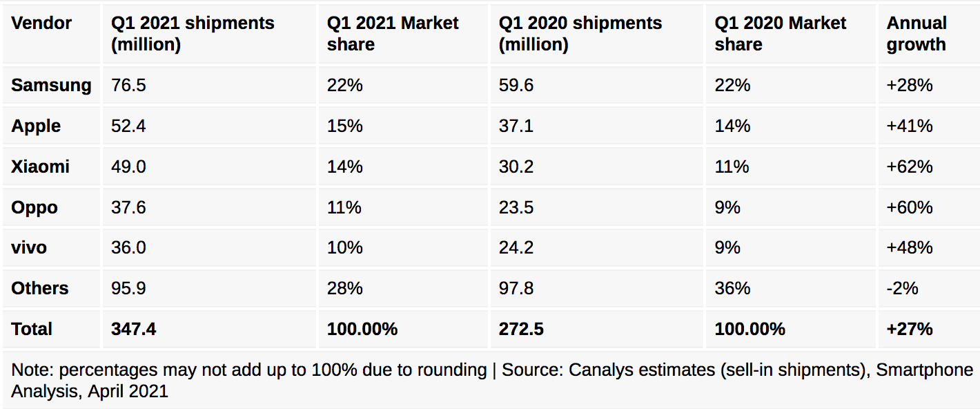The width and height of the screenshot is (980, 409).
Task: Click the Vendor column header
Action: pos(41,23)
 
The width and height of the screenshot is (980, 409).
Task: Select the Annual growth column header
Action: pos(916,34)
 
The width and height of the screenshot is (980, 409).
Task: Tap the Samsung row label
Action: pos(51,86)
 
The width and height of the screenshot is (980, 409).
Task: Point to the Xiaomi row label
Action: pos(40,167)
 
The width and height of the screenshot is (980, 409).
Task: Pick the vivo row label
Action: pos(29,247)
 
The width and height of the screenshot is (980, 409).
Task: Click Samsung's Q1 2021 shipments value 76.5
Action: pos(128,86)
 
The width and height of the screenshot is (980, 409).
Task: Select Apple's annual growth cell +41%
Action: pos(910,126)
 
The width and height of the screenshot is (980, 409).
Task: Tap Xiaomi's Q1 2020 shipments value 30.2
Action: pos(516,167)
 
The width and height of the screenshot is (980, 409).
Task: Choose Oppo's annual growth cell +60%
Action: pos(910,207)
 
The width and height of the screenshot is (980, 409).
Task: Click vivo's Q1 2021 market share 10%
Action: pos(344,247)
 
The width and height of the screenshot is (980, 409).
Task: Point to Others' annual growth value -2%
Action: pos(903,288)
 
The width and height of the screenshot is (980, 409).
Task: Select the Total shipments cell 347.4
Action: pos(133,329)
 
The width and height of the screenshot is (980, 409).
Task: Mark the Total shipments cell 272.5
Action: pos(521,329)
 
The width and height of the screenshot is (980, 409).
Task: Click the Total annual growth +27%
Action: pos(910,329)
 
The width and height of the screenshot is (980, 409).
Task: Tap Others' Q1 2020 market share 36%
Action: pos(732,288)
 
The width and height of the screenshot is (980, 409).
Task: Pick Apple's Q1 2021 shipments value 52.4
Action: pos(128,126)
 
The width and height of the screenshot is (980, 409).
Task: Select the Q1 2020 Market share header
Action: pos(780,34)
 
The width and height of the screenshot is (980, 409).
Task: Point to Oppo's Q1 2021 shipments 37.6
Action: pos(128,207)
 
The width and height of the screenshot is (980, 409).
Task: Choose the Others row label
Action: pos(40,288)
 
